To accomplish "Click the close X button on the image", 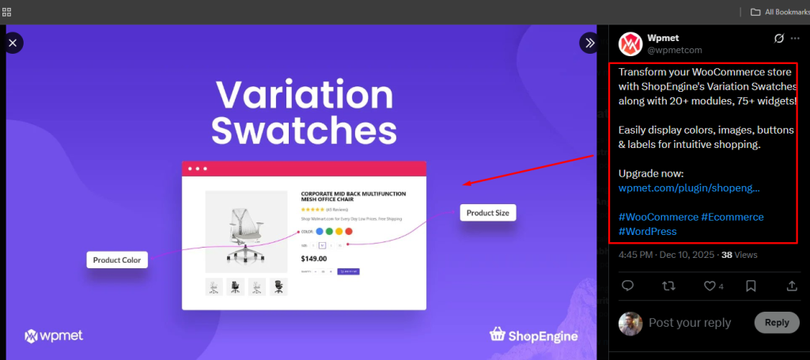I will (x=13, y=43).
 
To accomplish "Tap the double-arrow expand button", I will (x=589, y=43).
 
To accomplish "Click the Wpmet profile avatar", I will (x=630, y=44).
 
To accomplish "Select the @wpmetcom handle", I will (x=675, y=51).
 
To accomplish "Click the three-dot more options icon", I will (x=795, y=38).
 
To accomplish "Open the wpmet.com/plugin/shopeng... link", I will (x=689, y=188).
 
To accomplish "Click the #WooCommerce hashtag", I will (x=657, y=217).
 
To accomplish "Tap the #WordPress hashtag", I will (x=647, y=231).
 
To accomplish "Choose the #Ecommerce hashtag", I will (x=732, y=217).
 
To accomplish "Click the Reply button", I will (x=777, y=322).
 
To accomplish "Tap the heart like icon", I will (x=710, y=286).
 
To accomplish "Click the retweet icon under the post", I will (x=668, y=286).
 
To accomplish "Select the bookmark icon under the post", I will (x=751, y=286).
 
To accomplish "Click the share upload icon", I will (x=792, y=286).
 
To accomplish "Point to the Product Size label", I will (x=487, y=213).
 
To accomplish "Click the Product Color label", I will (x=117, y=260).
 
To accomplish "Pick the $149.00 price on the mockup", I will (x=315, y=258).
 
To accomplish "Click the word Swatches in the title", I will (x=304, y=131).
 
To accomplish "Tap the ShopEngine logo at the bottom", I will (x=534, y=335).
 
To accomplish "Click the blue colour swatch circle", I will (x=320, y=232).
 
